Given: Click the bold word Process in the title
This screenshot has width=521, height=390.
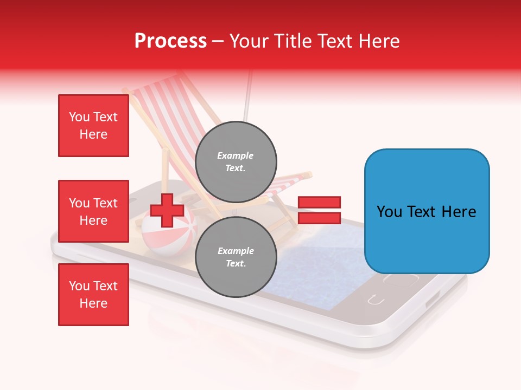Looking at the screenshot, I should click(x=170, y=41).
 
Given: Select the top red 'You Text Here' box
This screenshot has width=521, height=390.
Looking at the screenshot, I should click(x=93, y=126).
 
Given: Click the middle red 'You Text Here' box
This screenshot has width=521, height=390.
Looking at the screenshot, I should click(x=93, y=211).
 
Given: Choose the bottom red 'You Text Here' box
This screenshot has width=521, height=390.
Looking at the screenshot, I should click(x=93, y=295).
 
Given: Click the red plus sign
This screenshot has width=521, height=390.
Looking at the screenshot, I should click(x=167, y=210).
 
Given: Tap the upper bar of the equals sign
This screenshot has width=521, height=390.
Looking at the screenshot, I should click(x=319, y=202).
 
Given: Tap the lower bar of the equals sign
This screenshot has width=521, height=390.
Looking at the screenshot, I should click(x=319, y=218).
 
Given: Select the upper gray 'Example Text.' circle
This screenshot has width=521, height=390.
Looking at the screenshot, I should click(x=236, y=161).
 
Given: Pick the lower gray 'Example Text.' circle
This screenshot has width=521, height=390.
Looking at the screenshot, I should click(x=236, y=257).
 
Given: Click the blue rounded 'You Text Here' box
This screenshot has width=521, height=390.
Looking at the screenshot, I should click(x=427, y=211).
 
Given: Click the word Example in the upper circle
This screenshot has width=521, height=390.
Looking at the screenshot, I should click(x=235, y=155).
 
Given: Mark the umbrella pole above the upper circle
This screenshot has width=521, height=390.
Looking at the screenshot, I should click(x=249, y=97).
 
